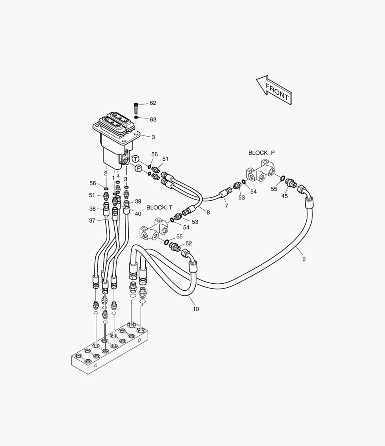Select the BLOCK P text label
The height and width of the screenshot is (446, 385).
pyautogui.click(x=261, y=153)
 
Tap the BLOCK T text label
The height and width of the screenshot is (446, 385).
pyautogui.click(x=159, y=208)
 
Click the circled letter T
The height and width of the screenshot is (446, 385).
pyautogui.click(x=136, y=159)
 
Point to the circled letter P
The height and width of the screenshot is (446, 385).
pyautogui.click(x=139, y=168)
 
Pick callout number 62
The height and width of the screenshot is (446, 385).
pyautogui.click(x=153, y=103)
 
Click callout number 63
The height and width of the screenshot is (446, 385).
pyautogui.click(x=153, y=119)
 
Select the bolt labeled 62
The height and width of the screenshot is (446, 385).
pyautogui.click(x=136, y=108)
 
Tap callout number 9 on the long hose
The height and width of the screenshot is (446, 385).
pyautogui.click(x=304, y=259)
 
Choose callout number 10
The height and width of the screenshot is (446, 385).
pyautogui.click(x=196, y=309)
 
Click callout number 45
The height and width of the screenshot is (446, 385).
pyautogui.click(x=284, y=196)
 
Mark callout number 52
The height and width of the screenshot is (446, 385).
pyautogui.click(x=189, y=244)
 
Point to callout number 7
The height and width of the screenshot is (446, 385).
pyautogui.click(x=227, y=206)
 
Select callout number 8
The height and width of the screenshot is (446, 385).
pyautogui.click(x=208, y=213)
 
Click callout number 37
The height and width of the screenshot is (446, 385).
pyautogui.click(x=92, y=221)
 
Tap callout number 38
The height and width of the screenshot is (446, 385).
pyautogui.click(x=92, y=209)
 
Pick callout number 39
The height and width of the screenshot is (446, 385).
pyautogui.click(x=138, y=202)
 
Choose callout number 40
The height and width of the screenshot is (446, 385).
pyautogui.click(x=138, y=214)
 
